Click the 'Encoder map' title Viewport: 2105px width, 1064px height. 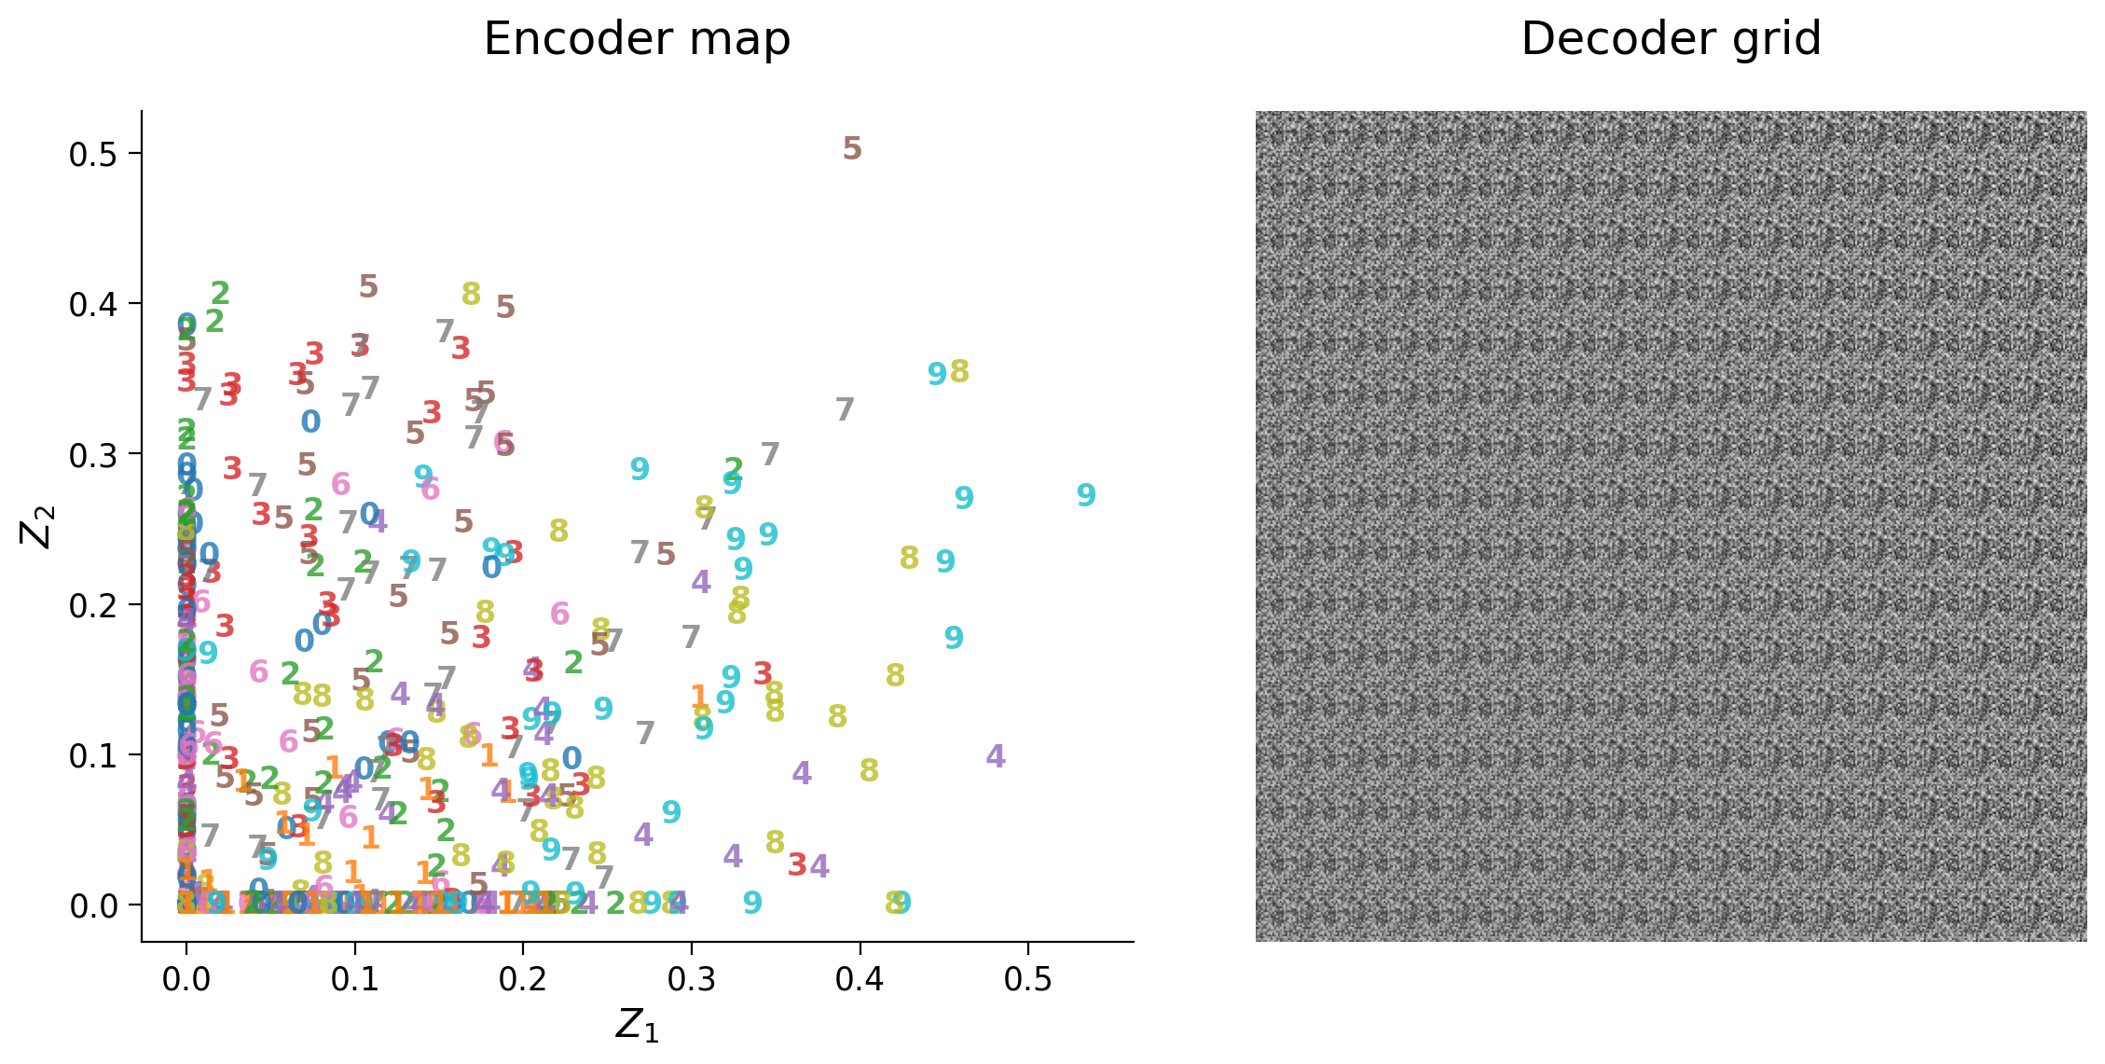pos(637,40)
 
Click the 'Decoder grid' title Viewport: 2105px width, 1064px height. pos(1671,40)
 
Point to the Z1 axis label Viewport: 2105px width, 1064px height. pos(637,1026)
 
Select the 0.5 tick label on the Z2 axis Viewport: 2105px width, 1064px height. pos(93,154)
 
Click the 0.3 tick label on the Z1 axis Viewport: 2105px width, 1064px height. pos(692,980)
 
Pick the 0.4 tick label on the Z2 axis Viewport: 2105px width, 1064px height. pos(93,304)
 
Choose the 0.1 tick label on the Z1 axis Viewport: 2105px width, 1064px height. pos(355,980)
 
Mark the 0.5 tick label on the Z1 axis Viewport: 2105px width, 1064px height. pos(1028,980)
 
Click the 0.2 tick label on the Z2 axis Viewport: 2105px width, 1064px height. pos(93,605)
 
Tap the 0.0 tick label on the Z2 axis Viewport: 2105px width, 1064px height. pos(93,905)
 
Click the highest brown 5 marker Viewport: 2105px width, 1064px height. pos(852,148)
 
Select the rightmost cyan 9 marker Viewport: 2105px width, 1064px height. pos(1086,495)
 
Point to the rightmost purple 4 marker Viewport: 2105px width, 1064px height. pos(996,756)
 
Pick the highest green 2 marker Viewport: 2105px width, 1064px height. pos(220,294)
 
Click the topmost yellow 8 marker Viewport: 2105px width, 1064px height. pos(472,294)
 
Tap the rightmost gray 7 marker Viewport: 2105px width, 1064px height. pos(845,409)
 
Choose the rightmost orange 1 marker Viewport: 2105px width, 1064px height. pos(699,697)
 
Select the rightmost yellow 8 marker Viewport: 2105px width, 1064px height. pos(959,371)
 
